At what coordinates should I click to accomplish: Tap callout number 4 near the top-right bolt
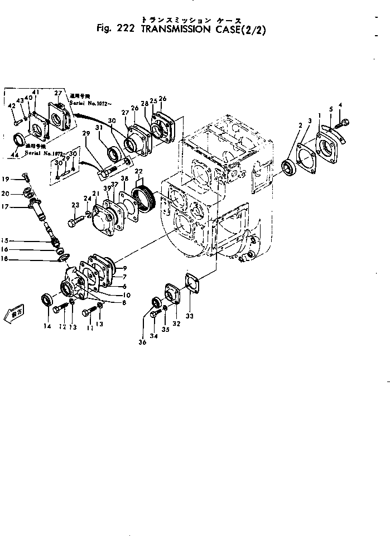pos(340,105)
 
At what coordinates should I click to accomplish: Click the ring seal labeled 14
pos(47,300)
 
